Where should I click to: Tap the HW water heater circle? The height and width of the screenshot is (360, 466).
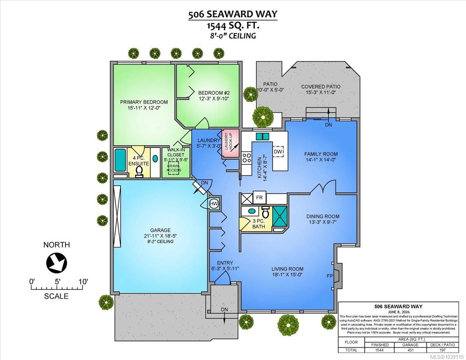coord(214,203)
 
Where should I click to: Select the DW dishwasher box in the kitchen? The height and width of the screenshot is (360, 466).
coord(278,151)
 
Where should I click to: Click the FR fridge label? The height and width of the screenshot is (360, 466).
coord(259,197)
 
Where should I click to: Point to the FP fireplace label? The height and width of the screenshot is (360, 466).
coord(330,276)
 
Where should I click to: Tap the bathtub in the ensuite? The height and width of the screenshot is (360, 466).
coord(120,160)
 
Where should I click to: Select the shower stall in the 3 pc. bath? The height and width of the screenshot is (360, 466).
coord(280,216)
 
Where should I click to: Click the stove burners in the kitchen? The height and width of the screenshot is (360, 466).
coord(247,158)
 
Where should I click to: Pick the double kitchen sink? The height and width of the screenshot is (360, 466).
coord(263,136)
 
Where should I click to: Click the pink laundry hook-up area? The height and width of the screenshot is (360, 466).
coord(230,143)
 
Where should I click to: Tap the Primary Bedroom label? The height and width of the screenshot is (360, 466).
coord(144,102)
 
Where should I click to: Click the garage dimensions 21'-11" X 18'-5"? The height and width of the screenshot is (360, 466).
coord(160,236)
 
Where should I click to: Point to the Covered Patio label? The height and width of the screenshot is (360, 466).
coord(321,87)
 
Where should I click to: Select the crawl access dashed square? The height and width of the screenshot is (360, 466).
coord(174,169)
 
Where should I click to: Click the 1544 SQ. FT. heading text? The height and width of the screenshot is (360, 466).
coord(233,26)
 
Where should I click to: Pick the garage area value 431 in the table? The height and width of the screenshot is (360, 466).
coord(410,350)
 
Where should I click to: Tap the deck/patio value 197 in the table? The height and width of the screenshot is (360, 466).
coord(442,350)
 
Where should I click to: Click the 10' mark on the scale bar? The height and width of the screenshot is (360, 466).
coord(83,281)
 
